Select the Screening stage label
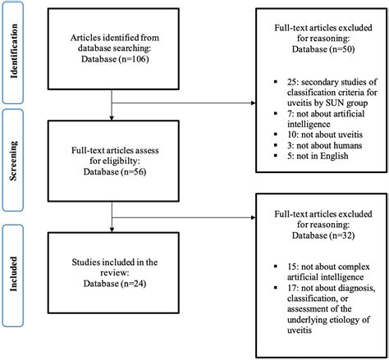point(14,162)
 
